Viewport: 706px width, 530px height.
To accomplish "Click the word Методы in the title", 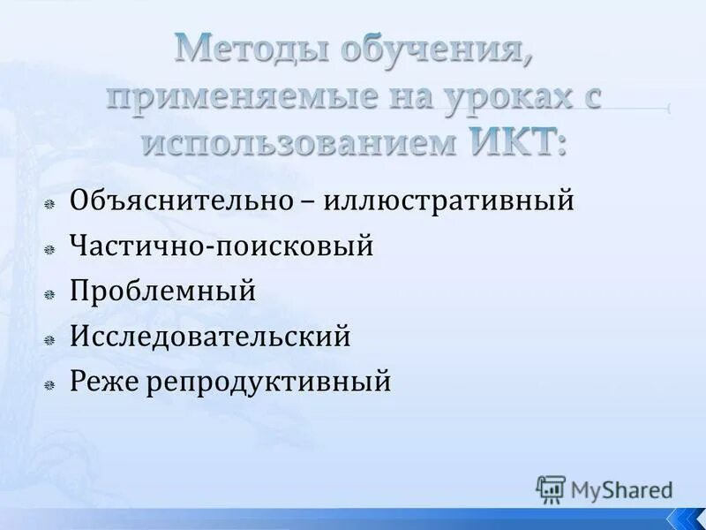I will click(x=240, y=49).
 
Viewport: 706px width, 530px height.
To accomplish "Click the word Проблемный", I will click(x=163, y=291).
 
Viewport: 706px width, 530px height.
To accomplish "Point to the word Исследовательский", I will click(x=210, y=336).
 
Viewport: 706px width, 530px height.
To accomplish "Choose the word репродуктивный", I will click(x=268, y=382).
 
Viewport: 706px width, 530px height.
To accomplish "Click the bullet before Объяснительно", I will click(x=51, y=203).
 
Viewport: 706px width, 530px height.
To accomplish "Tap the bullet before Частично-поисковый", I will click(x=51, y=249).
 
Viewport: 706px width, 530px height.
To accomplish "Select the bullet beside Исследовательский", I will click(x=51, y=339).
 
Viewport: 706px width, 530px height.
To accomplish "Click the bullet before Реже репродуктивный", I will click(x=51, y=385).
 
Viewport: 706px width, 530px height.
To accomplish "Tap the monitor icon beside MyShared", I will click(x=551, y=488).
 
